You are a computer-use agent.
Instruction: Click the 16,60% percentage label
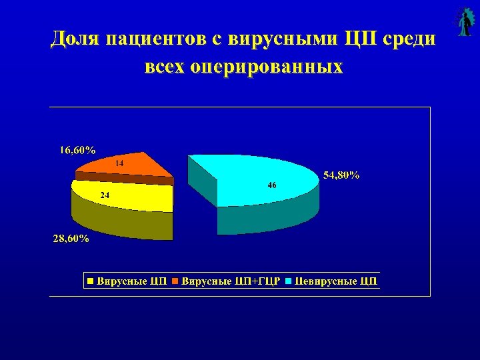pyautogui.click(x=77, y=149)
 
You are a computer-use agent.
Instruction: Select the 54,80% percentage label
pyautogui.click(x=341, y=175)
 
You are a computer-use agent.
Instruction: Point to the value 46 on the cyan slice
pyautogui.click(x=272, y=185)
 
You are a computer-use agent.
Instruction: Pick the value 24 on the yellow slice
pyautogui.click(x=105, y=195)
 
